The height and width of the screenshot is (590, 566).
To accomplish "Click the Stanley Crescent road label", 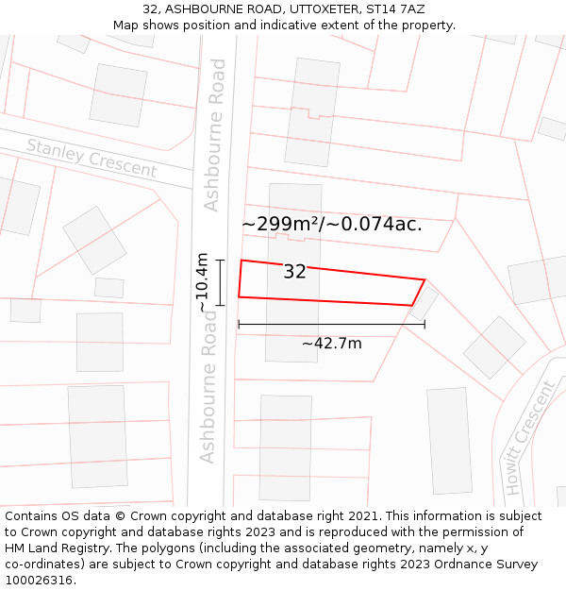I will [x=91, y=158].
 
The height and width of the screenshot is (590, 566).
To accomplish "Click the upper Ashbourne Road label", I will [x=215, y=135].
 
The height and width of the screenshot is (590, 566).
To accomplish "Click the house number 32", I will [x=294, y=272].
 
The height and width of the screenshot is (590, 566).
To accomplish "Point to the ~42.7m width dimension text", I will [x=331, y=344].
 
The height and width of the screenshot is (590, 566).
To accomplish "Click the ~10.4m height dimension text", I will [x=203, y=282].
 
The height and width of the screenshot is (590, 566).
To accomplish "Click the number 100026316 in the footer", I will [x=39, y=581].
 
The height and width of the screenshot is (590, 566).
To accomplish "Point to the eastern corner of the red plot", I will [x=424, y=279].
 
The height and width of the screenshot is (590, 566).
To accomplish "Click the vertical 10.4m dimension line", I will [x=220, y=282].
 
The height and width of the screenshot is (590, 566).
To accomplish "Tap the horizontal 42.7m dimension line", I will [x=331, y=325].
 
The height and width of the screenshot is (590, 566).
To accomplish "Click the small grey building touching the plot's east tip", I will [x=424, y=302].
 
